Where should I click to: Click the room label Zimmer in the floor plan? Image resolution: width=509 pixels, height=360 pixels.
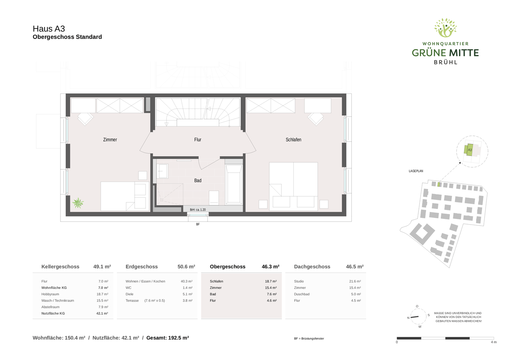coord(110,140)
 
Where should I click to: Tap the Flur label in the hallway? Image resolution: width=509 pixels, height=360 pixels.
coord(198,140)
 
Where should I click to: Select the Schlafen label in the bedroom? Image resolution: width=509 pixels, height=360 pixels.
coord(293,140)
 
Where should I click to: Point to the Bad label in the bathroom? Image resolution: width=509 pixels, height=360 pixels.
coord(198,180)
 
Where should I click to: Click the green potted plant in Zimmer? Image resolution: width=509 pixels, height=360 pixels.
coord(78,203)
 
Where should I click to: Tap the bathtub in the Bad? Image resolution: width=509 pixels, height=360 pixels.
coord(234,184)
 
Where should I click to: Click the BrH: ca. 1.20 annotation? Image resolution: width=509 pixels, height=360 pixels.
coord(198,210)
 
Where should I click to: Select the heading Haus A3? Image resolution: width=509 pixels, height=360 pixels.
coord(49,29)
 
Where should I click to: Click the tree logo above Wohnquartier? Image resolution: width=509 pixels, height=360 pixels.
coord(445,28)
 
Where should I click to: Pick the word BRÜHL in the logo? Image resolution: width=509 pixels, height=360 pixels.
coord(445,62)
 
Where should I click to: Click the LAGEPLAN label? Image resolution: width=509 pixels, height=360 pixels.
coord(416,171)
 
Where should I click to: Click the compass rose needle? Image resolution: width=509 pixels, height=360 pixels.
coord(414,317)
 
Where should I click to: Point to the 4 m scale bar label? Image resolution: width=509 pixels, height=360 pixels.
coord(493,342)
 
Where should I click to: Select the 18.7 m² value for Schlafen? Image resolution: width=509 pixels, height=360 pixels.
coord(271,281)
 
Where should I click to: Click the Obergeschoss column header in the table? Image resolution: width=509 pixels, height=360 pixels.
coord(227,267)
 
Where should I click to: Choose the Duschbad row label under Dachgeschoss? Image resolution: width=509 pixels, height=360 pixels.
coord(302,294)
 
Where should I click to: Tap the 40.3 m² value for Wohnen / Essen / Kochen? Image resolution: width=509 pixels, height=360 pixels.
coord(186,281)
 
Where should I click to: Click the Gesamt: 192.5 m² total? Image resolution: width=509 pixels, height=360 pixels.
coord(168,338)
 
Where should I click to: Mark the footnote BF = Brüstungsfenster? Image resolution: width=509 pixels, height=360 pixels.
coord(309,339)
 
